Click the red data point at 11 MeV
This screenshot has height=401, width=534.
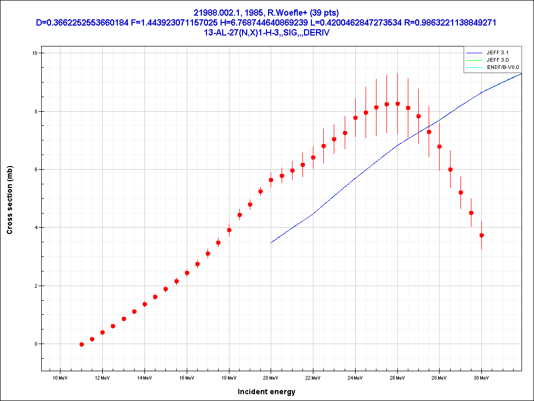pyautogui.click(x=81, y=344)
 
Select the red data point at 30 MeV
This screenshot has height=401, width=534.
pyautogui.click(x=481, y=235)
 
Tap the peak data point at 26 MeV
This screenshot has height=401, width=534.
pyautogui.click(x=397, y=104)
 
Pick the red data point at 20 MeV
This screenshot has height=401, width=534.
pyautogui.click(x=271, y=180)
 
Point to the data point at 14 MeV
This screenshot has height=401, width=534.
pyautogui.click(x=144, y=304)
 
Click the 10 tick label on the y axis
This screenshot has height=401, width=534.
pyautogui.click(x=34, y=53)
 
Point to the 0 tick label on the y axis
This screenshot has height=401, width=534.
pyautogui.click(x=35, y=344)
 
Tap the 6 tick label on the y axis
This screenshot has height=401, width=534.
pyautogui.click(x=35, y=170)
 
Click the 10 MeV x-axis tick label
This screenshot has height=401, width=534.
pyautogui.click(x=60, y=377)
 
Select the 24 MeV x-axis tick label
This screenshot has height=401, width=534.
pyautogui.click(x=355, y=377)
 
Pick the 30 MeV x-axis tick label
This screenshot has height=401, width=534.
pyautogui.click(x=481, y=377)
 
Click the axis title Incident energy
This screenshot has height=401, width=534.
pyautogui.click(x=266, y=392)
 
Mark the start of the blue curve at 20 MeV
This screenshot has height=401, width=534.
pyautogui.click(x=271, y=243)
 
